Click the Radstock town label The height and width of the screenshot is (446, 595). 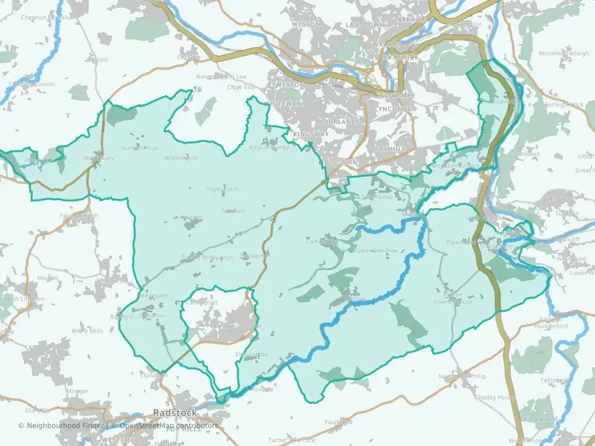(175, 413)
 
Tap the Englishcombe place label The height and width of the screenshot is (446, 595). (270, 147)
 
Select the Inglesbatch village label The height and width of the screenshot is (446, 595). (223, 189)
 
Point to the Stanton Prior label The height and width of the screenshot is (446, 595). (140, 148)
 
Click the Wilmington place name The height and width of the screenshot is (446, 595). (181, 158)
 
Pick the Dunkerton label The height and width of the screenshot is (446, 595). (255, 255)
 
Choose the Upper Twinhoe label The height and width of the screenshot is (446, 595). (374, 250)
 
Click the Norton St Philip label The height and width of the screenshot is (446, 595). (462, 377)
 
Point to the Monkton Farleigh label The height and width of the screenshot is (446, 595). (564, 54)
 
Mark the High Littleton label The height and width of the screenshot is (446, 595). (25, 299)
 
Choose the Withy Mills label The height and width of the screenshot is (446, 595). (87, 331)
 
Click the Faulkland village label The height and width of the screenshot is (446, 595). (340, 422)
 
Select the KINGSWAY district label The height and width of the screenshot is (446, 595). (311, 134)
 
